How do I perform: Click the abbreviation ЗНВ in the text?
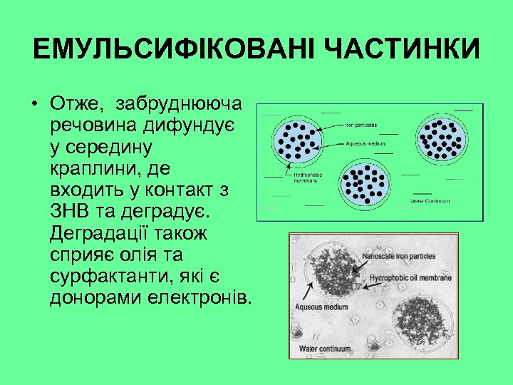(x=71, y=212)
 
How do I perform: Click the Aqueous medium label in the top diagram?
(x=365, y=143)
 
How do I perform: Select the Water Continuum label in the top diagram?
(x=430, y=201)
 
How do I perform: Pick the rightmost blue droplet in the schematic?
(x=442, y=135)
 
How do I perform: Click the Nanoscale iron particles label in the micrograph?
(x=400, y=255)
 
